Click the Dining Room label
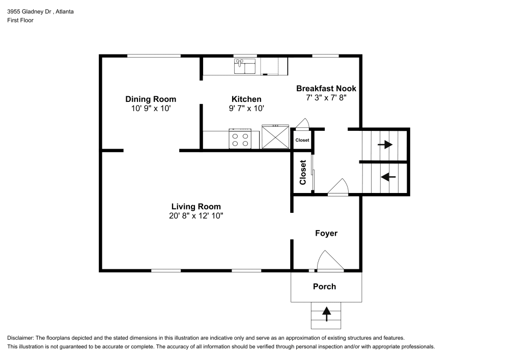click(151, 99)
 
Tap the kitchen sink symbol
click(245, 66)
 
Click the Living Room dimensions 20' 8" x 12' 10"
click(196, 215)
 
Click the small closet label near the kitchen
click(302, 140)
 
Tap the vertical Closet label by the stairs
click(302, 173)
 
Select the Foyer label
click(326, 233)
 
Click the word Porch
click(324, 287)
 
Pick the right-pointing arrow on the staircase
click(385, 144)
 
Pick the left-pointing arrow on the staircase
click(388, 177)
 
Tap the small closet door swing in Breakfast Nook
click(302, 123)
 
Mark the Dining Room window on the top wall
click(153, 56)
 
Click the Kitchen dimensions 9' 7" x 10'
click(246, 108)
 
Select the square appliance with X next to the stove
click(275, 137)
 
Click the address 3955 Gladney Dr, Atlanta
click(40, 11)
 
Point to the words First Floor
click(20, 20)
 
